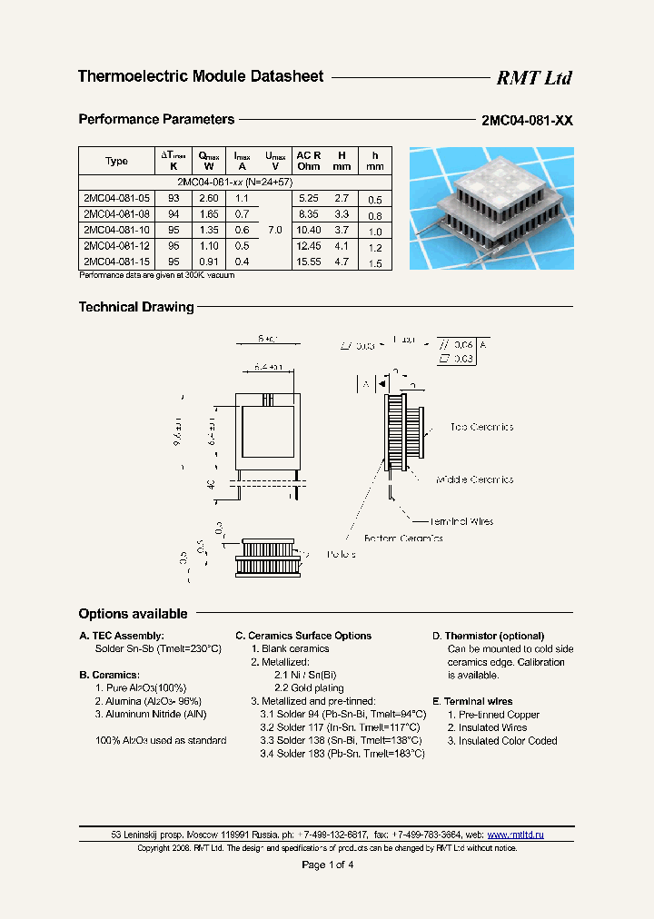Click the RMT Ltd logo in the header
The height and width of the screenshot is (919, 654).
[x=533, y=78]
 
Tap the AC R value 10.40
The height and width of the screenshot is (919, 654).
[x=308, y=230]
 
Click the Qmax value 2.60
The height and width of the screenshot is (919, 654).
[x=208, y=198]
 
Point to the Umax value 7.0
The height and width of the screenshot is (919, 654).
[x=274, y=230]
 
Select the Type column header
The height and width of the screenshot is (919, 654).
[x=116, y=161]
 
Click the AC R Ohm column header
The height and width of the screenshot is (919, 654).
[x=308, y=161]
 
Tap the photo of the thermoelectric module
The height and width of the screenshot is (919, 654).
[x=490, y=208]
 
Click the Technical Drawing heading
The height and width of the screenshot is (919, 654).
[x=136, y=307]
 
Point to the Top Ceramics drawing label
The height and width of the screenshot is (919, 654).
[x=481, y=427]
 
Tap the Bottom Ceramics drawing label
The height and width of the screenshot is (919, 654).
[x=403, y=539]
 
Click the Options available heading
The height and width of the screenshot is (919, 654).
[x=133, y=614]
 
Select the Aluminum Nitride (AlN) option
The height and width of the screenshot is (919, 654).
[x=151, y=715]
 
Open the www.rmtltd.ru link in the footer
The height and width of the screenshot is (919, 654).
[x=515, y=835]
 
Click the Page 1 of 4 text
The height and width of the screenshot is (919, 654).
[x=327, y=865]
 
